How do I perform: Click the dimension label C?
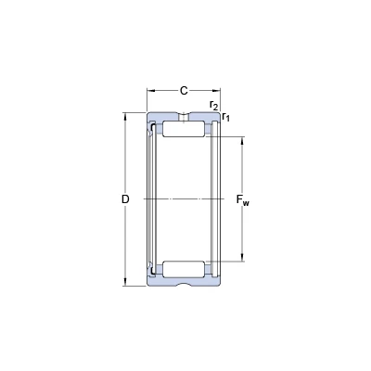184,91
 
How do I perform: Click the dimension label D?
125,199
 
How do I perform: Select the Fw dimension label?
243,200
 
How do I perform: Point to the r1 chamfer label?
226,117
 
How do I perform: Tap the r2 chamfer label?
214,105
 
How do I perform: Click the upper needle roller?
184,129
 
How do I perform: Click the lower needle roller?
184,269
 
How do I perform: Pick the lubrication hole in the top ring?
184,117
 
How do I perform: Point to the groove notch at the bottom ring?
184,284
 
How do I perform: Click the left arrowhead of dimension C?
150,91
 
